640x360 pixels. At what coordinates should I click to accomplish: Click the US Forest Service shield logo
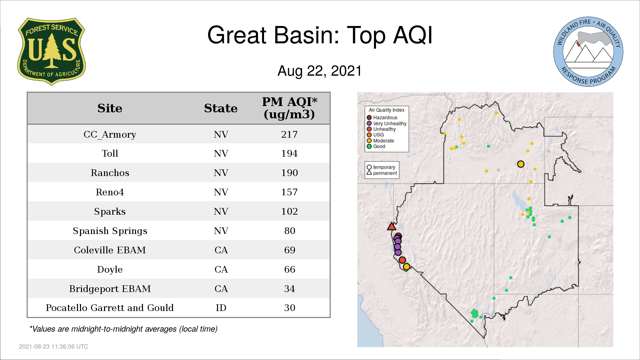[x=52, y=52]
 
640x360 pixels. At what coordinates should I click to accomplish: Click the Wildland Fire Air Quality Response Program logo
[x=588, y=52]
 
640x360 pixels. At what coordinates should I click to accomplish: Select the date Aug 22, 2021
[x=320, y=71]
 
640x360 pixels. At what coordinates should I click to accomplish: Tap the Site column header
[x=110, y=108]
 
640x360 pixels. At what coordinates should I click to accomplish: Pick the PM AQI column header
[x=289, y=108]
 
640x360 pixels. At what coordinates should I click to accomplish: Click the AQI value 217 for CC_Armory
[x=289, y=135]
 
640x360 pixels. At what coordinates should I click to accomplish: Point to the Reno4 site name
[x=110, y=192]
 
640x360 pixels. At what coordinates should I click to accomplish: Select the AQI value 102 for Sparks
[x=289, y=212]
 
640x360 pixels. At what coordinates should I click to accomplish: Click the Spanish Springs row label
[x=110, y=231]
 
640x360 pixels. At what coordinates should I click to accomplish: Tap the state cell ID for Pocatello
[x=221, y=308]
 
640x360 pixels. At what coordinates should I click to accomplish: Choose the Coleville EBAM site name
[x=110, y=250]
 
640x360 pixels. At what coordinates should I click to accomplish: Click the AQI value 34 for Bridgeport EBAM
[x=289, y=289]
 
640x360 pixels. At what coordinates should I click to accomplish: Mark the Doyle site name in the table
[x=110, y=270]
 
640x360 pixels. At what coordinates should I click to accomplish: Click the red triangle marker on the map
[x=391, y=227]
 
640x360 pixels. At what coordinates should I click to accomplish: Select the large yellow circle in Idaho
[x=521, y=164]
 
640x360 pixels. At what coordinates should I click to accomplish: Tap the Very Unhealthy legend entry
[x=387, y=123]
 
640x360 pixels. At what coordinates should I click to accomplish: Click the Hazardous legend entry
[x=382, y=118]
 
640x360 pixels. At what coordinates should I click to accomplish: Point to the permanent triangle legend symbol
[x=369, y=172]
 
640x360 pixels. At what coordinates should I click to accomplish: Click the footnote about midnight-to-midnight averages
[x=123, y=329]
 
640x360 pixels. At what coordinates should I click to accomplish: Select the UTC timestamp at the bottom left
[x=54, y=347]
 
